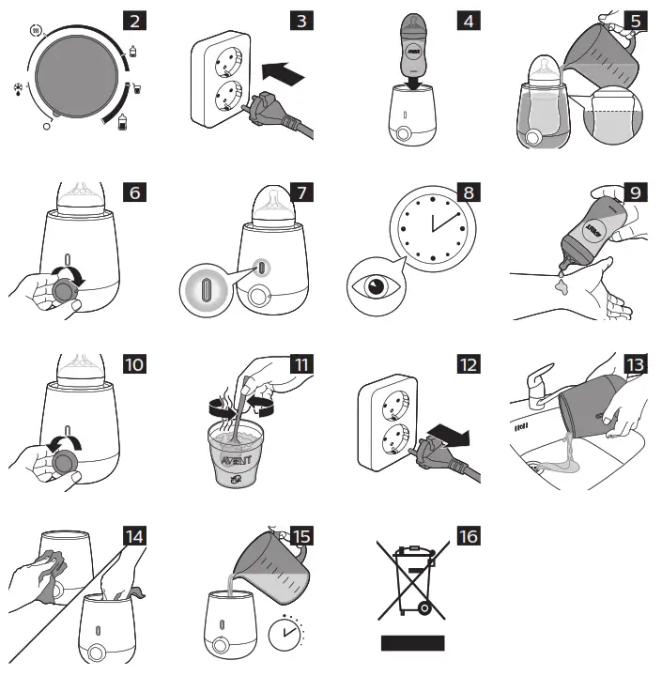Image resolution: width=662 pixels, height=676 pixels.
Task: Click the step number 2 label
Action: click(x=136, y=19)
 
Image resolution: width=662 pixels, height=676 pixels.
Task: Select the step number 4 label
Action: click(x=467, y=19)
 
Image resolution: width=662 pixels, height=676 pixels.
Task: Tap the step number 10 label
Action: click(x=136, y=364)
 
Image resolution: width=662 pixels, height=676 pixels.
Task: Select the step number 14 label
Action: click(x=136, y=535)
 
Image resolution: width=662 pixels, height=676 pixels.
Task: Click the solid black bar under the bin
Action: click(x=411, y=643)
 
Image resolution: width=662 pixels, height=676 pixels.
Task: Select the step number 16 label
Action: click(x=467, y=535)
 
